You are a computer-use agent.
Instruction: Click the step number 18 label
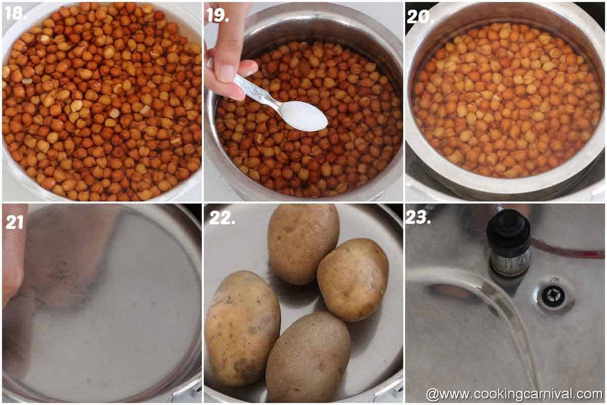(x=15, y=13)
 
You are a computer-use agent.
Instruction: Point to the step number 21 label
(x=15, y=221)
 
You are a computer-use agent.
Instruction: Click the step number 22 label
(x=222, y=218)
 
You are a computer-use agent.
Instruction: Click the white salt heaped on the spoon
(x=304, y=115)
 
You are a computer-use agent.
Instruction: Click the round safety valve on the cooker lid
(x=553, y=296)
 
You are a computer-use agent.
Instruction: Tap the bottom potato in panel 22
(x=308, y=357)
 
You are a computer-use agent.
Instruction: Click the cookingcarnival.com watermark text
(x=521, y=394)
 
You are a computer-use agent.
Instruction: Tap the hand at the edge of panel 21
(x=12, y=258)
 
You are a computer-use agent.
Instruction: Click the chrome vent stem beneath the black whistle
(x=510, y=263)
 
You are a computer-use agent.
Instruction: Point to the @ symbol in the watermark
(x=431, y=394)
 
